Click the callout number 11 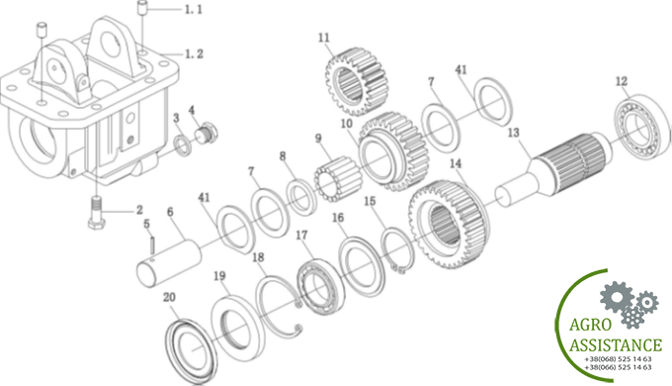(x=323, y=38)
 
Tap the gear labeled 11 (x=357, y=81)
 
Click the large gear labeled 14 (x=449, y=225)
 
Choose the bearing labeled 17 (x=321, y=286)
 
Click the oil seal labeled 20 (x=191, y=350)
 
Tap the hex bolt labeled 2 (x=97, y=212)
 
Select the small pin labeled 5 (x=152, y=246)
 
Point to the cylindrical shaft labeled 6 (x=169, y=263)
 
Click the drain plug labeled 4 (x=208, y=132)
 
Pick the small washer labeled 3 (x=183, y=145)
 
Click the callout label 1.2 (x=194, y=54)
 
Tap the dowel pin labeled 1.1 (x=142, y=9)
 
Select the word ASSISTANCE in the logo (x=616, y=345)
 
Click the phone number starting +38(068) (x=618, y=359)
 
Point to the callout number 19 (x=219, y=276)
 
